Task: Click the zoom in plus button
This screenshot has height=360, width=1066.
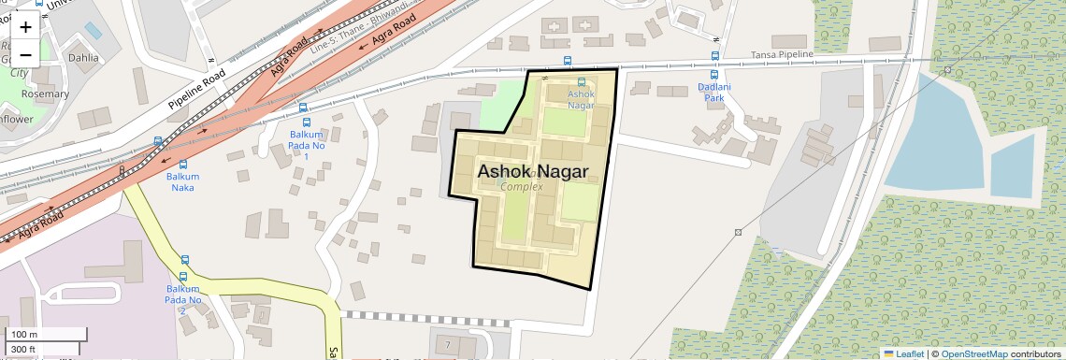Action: [x=25, y=27]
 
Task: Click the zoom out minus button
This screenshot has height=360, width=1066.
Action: [x=25, y=53]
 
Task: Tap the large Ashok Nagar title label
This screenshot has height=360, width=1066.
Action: [x=532, y=172]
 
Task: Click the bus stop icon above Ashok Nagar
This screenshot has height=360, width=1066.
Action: [x=583, y=82]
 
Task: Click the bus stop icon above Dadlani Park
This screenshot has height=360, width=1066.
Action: [x=713, y=75]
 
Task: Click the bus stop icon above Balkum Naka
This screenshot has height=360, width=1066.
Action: [x=183, y=165]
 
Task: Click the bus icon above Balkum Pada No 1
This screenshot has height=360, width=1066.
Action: [x=304, y=122]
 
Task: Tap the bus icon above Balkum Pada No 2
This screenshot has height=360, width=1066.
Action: [x=184, y=261]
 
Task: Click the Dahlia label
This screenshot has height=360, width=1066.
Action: [x=82, y=57]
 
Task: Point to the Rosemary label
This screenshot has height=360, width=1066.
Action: [x=44, y=94]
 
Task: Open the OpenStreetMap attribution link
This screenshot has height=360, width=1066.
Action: [x=973, y=353]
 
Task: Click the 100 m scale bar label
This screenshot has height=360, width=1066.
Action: [x=24, y=335]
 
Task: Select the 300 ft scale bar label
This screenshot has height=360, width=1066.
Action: [x=24, y=349]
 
